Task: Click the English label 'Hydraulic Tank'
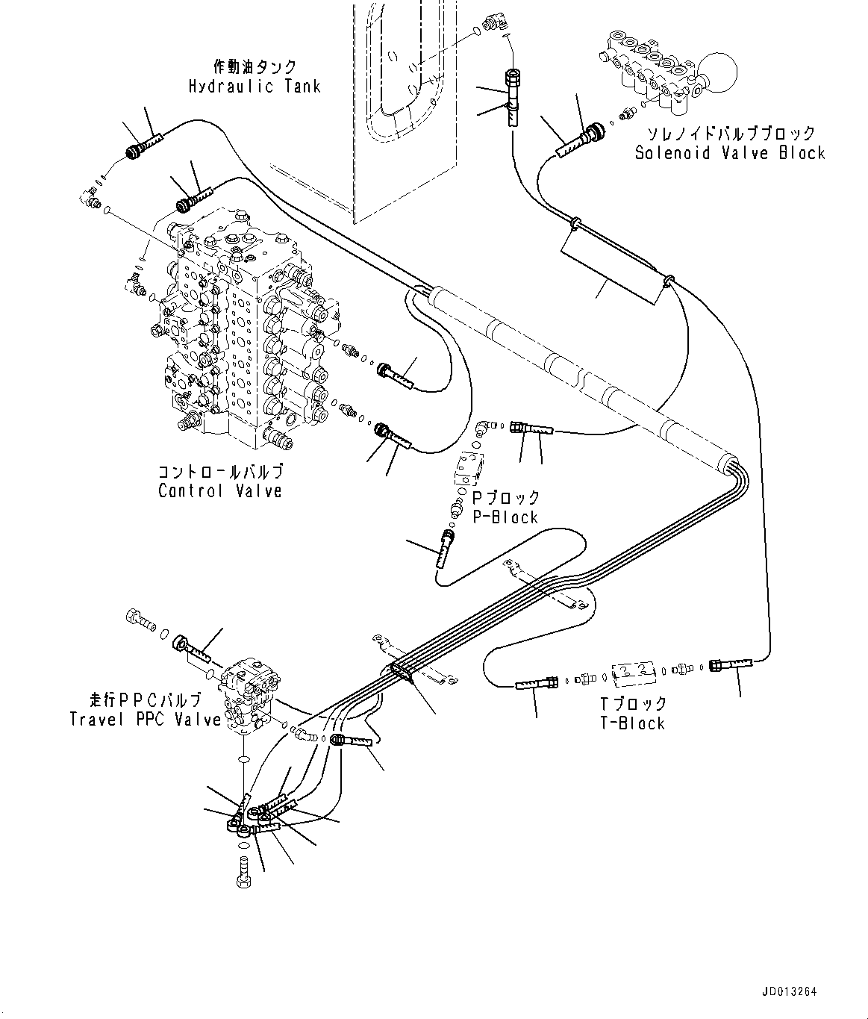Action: point(254,86)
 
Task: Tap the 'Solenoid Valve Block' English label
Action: point(729,153)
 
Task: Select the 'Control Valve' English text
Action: point(220,491)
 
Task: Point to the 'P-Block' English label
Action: point(505,517)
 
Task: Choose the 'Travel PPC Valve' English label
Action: point(146,720)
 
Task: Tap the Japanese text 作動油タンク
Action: point(255,67)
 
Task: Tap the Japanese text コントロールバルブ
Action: point(220,473)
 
